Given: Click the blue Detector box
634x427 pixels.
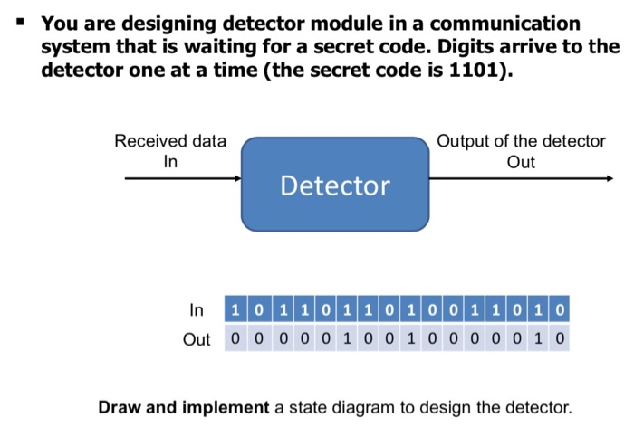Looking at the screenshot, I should tap(334, 185).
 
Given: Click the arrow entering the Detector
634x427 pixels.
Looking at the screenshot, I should tap(182, 179).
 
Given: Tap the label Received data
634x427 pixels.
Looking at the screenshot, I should tap(170, 141).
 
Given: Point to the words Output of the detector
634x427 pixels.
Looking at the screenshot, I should tap(520, 141).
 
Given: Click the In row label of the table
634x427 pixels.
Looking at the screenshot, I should tap(197, 311).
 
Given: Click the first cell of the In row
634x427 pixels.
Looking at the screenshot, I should tap(235, 311).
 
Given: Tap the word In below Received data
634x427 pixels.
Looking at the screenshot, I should tap(170, 162).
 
